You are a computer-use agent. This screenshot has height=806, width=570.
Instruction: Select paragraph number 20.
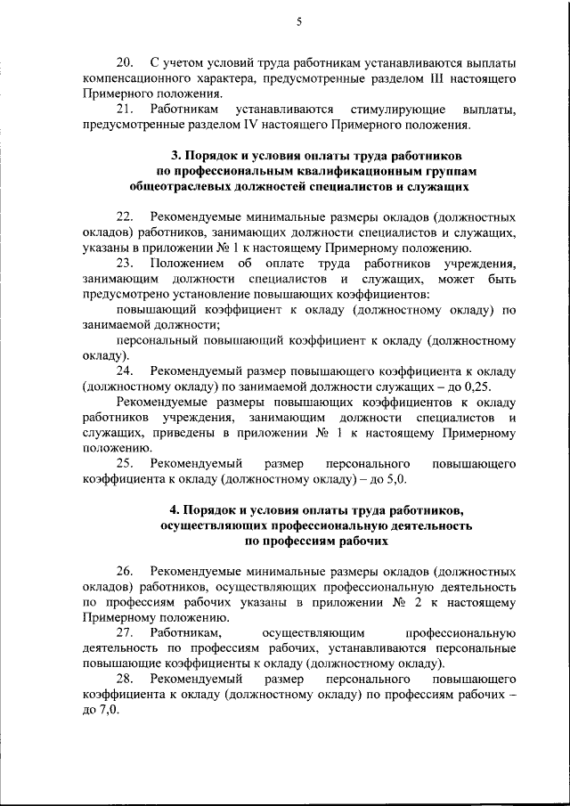click(126, 65)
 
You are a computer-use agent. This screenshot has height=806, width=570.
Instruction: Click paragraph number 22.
click(126, 217)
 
